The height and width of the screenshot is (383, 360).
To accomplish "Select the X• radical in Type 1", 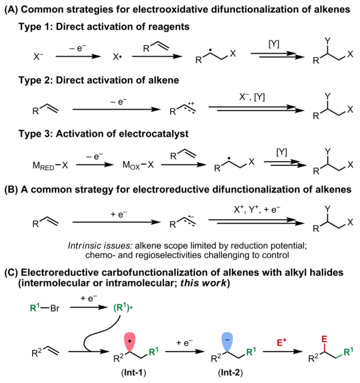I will click(x=117, y=56).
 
